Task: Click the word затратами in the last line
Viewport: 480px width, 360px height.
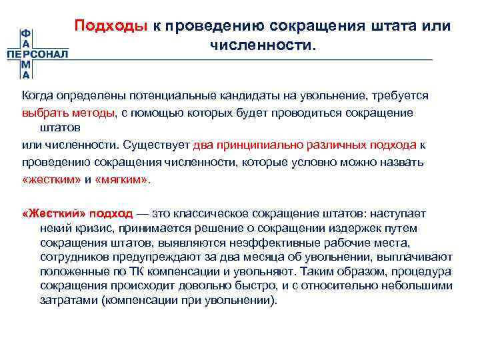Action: [x=63, y=301]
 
